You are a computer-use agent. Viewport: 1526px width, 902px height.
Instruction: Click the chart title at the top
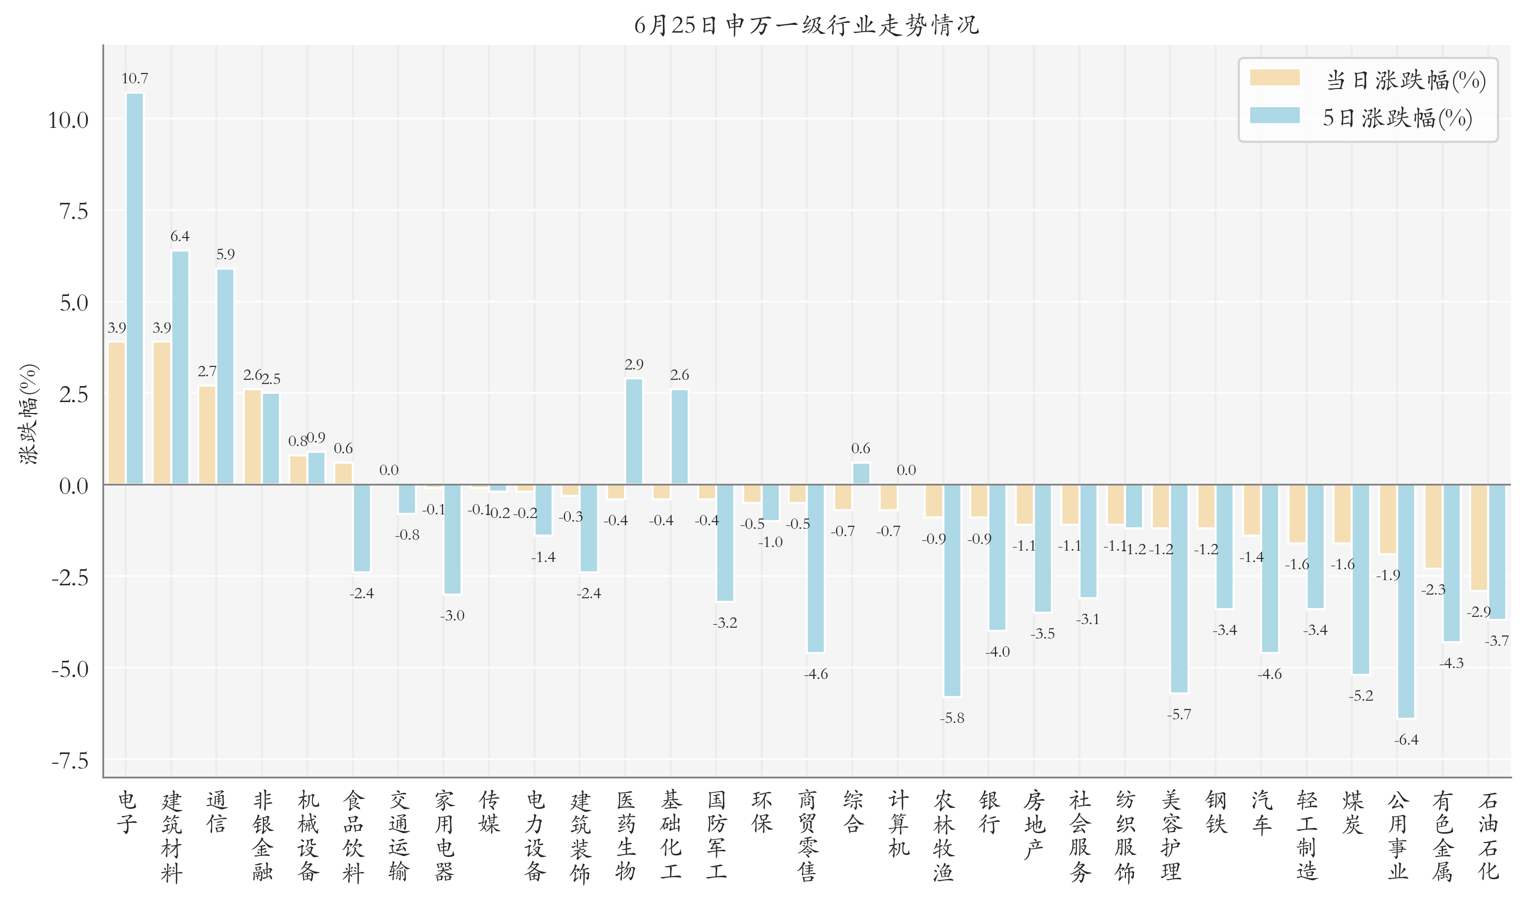806,25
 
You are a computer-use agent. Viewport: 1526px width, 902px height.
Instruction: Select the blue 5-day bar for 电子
135,289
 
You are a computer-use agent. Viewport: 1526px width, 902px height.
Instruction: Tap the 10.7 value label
135,79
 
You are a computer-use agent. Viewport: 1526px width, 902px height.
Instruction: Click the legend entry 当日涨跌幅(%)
1367,80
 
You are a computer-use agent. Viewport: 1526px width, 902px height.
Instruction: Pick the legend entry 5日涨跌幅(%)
1361,117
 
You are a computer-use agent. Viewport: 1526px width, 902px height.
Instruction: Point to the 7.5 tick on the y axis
73,212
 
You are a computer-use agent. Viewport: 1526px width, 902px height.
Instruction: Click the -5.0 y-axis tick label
70,669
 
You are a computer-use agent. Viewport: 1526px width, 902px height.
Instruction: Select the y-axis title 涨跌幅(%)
28,415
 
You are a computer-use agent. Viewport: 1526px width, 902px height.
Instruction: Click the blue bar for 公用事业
1406,601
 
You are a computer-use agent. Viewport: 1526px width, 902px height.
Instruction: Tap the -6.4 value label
1406,740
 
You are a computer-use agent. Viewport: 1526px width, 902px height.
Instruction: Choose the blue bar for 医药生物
634,432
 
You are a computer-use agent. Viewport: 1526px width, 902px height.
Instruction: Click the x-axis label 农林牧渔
943,836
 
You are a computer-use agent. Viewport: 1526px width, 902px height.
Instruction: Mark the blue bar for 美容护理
1179,588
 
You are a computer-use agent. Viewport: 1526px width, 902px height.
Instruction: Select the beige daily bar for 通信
207,435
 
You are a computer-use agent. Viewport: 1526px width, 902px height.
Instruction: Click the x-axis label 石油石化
1488,836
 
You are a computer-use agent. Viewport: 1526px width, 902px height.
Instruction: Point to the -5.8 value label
952,718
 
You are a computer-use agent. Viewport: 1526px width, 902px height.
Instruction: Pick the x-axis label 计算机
898,823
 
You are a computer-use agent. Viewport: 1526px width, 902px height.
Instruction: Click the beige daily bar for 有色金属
1433,526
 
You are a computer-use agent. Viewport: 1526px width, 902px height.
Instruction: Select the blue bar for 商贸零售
816,568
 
